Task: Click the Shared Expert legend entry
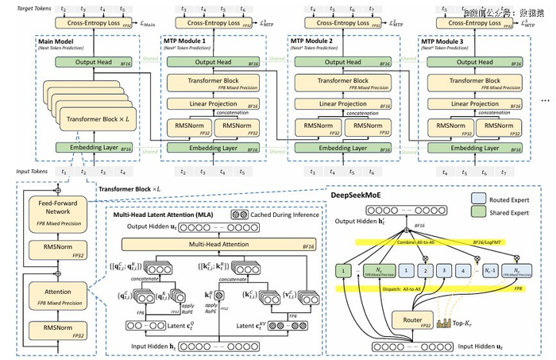coord(505,211)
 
